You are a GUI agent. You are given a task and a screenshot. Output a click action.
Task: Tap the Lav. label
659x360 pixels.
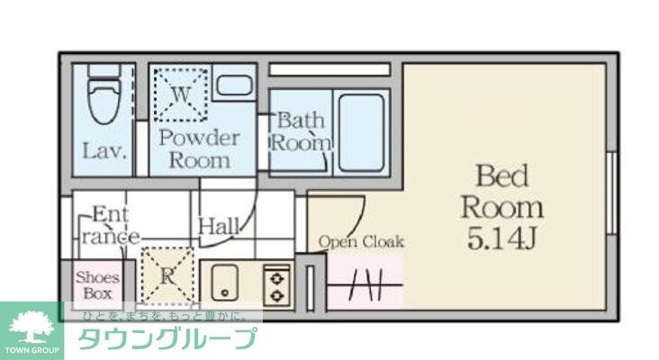point(104,150)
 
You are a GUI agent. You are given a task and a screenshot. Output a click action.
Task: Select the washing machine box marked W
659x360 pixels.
point(179,92)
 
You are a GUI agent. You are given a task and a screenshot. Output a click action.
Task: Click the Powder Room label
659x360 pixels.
point(199,149)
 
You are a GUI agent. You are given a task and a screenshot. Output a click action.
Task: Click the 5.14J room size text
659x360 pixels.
point(501,238)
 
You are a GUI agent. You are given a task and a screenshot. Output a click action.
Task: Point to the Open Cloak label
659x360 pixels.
point(361,241)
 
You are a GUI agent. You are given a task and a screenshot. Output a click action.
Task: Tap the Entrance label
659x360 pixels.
point(111,226)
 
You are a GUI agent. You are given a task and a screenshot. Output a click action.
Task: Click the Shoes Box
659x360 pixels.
point(96,285)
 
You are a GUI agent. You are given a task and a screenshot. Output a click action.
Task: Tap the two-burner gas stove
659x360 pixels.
point(275,285)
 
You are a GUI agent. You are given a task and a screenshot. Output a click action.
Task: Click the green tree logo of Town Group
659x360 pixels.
point(31,325)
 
